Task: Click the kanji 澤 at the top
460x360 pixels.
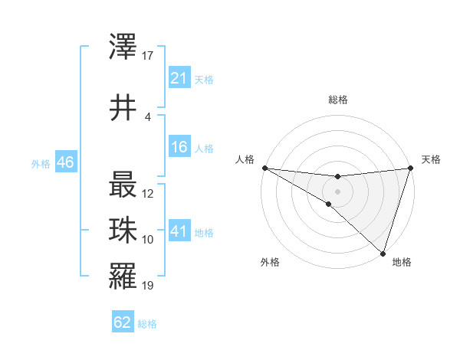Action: (x=123, y=51)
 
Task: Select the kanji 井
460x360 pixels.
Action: (x=123, y=108)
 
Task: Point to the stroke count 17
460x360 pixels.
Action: (x=148, y=56)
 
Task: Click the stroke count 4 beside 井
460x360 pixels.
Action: (x=148, y=116)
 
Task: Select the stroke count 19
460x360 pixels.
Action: (x=148, y=286)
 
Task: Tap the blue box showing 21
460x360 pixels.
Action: (x=179, y=79)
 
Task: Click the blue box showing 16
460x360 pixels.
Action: (x=179, y=148)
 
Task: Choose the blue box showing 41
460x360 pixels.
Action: (x=179, y=232)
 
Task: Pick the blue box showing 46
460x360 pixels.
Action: (x=65, y=163)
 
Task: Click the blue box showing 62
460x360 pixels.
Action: (x=123, y=323)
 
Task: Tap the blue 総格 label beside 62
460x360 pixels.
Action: (x=147, y=324)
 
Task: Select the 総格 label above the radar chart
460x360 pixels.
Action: (x=337, y=100)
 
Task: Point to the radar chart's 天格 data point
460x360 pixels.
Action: (x=410, y=169)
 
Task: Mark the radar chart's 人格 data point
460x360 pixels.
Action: (x=264, y=167)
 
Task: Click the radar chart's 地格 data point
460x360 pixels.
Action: (x=383, y=253)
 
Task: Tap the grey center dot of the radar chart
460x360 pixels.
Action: (x=337, y=191)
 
